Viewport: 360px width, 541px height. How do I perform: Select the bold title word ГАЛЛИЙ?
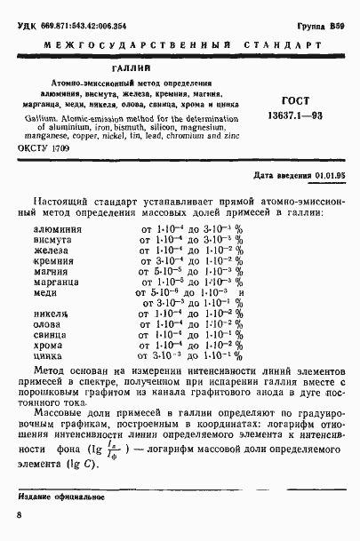[131, 67]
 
